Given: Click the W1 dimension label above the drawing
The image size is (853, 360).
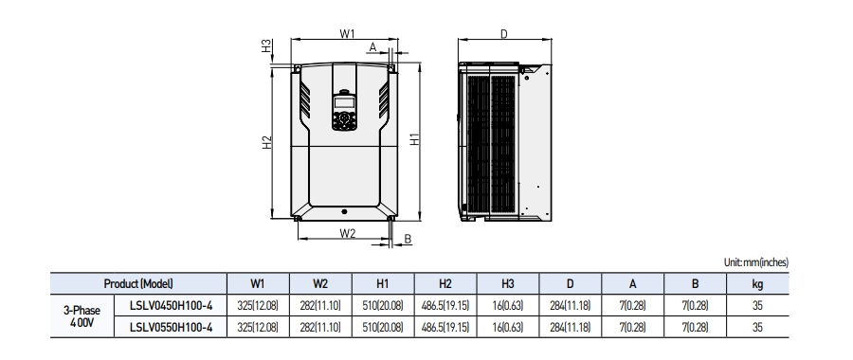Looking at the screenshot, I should [347, 34].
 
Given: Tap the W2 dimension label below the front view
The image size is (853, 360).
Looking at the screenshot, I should [347, 232].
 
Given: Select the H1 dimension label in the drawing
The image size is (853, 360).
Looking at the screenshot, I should [415, 138].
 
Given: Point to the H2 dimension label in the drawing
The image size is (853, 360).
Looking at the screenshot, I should [268, 141].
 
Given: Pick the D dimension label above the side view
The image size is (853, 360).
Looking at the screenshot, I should [504, 34].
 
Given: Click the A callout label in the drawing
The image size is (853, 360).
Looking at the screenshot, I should [372, 45].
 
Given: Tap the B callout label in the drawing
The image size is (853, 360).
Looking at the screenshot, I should [408, 239].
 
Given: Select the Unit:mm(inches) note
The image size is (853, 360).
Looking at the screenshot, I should [755, 262].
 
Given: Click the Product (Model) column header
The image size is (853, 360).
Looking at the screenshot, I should [137, 282].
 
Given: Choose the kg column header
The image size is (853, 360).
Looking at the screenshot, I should [757, 282].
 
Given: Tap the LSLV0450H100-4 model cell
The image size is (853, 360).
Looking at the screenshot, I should [171, 305].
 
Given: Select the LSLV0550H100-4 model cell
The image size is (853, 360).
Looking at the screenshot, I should [171, 328].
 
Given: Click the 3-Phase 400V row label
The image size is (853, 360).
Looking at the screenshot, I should [82, 316].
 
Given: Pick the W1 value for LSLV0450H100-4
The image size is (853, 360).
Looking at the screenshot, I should [257, 305].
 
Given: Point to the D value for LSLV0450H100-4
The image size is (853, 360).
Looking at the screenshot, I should [570, 305].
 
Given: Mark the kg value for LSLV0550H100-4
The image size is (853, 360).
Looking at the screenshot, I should [757, 328].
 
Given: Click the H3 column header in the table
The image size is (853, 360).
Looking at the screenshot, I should [507, 282].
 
